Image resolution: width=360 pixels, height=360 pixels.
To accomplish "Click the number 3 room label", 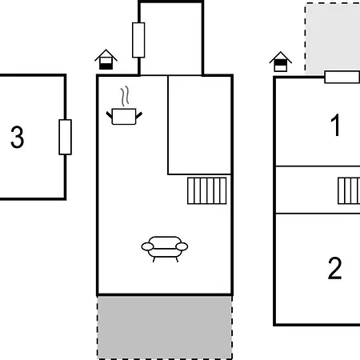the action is (x=18, y=137).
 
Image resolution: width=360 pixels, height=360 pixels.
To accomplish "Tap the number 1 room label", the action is (x=335, y=125).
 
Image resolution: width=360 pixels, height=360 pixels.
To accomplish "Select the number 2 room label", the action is (x=334, y=268).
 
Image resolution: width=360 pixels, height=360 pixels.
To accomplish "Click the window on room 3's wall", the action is (x=65, y=137).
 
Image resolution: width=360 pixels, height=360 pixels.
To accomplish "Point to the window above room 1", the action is (x=342, y=77).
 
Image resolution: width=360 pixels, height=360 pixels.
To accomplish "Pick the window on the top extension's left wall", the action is (x=138, y=40).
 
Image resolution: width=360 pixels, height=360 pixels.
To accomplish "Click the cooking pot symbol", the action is (x=124, y=117).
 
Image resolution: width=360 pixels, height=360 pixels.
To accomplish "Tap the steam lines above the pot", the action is (x=125, y=96).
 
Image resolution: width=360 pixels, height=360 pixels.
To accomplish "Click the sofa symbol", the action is (x=165, y=249).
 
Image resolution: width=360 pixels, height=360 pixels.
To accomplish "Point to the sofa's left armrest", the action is (x=147, y=246).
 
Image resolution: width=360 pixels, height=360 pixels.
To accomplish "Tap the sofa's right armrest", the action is (x=182, y=246).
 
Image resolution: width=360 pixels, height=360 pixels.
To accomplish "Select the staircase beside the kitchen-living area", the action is (x=207, y=191).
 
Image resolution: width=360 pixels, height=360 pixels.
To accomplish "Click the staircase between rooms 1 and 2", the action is (x=349, y=191).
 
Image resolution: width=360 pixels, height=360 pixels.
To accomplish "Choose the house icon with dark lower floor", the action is (x=106, y=59).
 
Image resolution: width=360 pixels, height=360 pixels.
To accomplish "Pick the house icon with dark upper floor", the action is (x=281, y=62).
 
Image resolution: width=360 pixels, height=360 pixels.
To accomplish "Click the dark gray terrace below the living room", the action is (x=165, y=327).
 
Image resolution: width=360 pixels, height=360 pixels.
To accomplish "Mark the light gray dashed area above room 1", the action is (x=333, y=38).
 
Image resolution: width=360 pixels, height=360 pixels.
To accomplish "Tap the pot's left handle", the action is (x=110, y=115).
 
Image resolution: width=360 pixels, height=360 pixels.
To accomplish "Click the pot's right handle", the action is (x=139, y=115).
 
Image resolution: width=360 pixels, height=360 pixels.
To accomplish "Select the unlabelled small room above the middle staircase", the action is (x=199, y=125).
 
